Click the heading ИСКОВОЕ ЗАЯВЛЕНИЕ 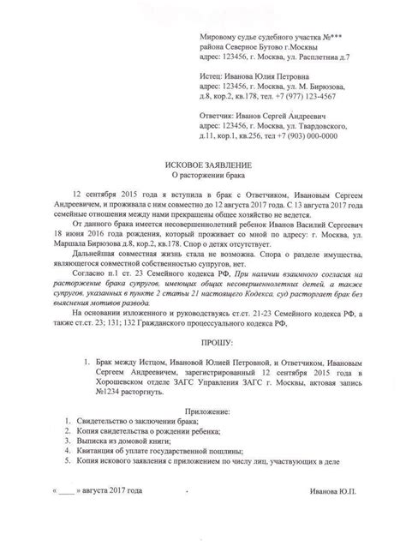tap(203, 162)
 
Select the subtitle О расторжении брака tap(203, 173)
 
